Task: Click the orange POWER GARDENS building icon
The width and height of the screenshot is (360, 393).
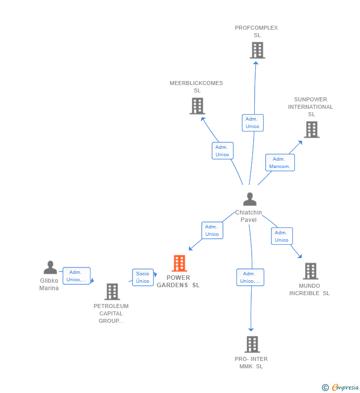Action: point(179,263)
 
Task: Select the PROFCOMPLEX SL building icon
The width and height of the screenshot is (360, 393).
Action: point(257,50)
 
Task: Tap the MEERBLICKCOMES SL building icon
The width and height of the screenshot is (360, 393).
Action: point(197,106)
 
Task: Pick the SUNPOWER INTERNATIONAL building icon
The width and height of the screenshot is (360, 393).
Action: point(312,130)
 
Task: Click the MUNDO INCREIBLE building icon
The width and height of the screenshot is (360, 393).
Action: point(311,271)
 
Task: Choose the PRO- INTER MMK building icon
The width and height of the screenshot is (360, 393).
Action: point(252,345)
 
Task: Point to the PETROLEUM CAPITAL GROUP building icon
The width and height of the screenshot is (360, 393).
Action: point(112,292)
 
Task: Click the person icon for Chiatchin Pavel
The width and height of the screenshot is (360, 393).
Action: point(250,199)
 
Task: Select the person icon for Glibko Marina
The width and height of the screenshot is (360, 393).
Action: point(50,267)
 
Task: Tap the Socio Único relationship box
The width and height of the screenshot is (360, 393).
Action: point(142,277)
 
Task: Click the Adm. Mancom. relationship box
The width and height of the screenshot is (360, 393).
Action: point(280,163)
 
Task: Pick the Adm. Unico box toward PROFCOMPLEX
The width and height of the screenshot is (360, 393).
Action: point(253,123)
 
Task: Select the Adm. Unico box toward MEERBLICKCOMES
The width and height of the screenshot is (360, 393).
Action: point(223,151)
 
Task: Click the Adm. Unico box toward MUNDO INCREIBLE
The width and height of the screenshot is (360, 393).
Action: point(282,236)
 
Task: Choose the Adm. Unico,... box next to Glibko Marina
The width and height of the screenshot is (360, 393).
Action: point(76,276)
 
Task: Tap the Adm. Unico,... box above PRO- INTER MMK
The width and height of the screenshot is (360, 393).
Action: point(250,277)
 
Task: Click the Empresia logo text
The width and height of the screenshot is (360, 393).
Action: point(345,387)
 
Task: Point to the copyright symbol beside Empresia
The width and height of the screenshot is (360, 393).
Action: point(325,388)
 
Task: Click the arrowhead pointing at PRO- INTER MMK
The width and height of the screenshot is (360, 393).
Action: point(251,329)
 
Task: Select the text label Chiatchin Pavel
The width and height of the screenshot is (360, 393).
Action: point(248,216)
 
